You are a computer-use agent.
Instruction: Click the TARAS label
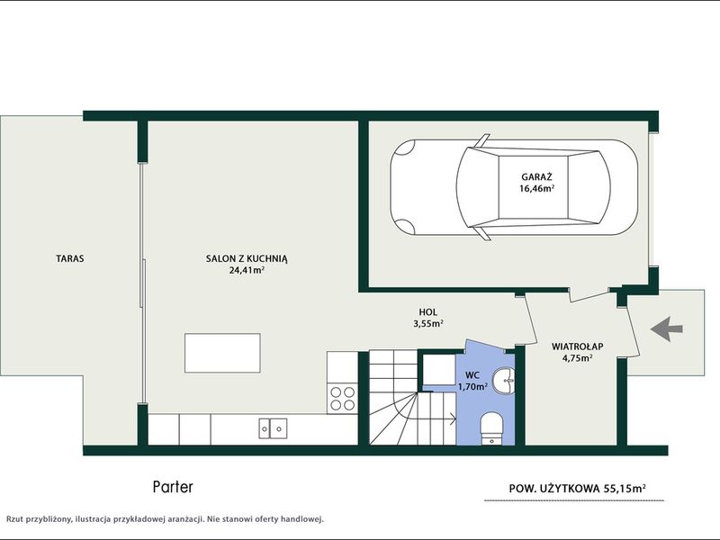(x=70, y=258)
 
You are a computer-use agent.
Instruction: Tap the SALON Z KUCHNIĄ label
(x=247, y=258)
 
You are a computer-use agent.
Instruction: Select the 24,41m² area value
(x=247, y=271)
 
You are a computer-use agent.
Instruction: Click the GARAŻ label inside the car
(x=536, y=176)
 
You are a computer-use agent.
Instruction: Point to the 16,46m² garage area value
(x=536, y=188)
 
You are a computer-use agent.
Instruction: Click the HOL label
(x=428, y=312)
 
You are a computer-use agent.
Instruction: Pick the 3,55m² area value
(x=428, y=324)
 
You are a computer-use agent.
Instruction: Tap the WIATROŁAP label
(x=577, y=346)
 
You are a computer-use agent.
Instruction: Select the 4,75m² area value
(x=577, y=358)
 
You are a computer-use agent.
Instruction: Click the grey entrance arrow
(x=667, y=328)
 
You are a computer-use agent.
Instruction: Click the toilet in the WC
(x=492, y=428)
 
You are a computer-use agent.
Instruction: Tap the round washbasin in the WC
(x=504, y=381)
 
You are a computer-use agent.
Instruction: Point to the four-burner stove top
(x=343, y=398)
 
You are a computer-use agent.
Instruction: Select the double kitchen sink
(x=273, y=428)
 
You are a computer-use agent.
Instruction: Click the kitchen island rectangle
(x=222, y=353)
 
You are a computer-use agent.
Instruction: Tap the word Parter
(x=173, y=487)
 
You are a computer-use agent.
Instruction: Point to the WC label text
(x=472, y=375)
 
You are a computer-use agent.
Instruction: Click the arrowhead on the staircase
(x=454, y=418)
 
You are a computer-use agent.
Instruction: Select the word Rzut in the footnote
(x=14, y=519)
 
